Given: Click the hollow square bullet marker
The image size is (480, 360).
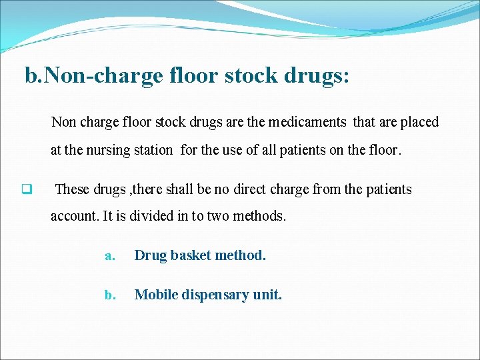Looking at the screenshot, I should (x=27, y=189).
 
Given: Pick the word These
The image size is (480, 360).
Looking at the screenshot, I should (x=71, y=189).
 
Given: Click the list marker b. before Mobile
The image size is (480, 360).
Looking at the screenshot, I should (x=111, y=295).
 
